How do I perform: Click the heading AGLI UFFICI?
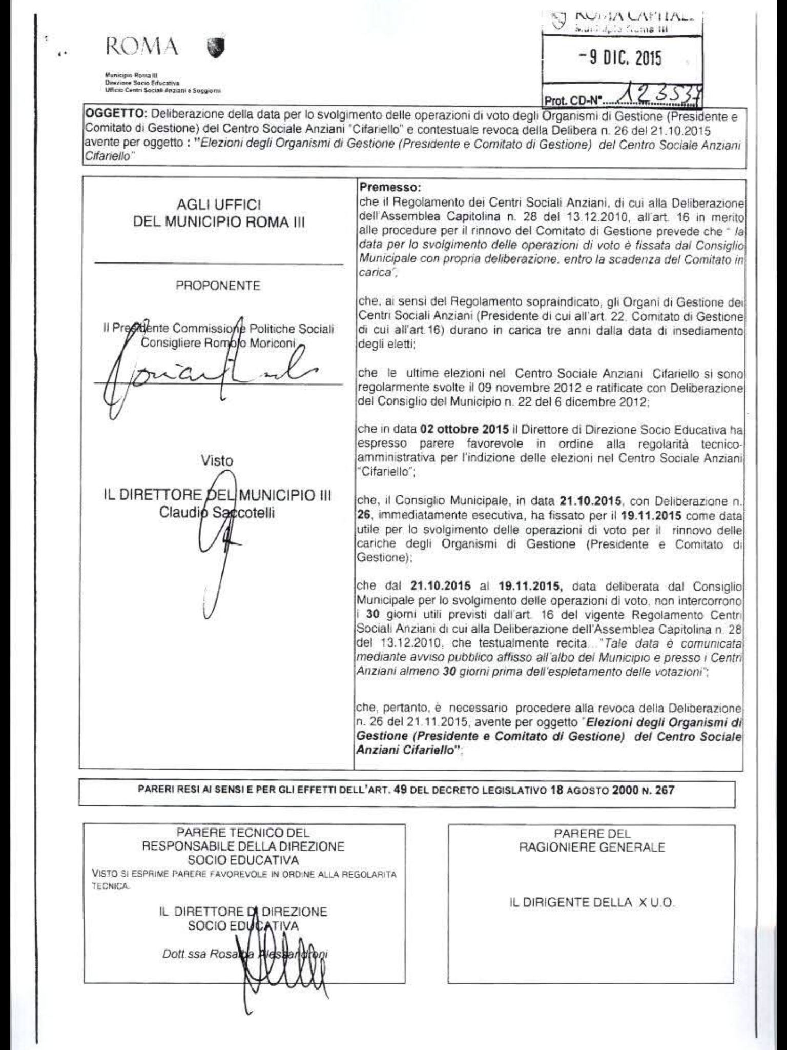coord(219,205)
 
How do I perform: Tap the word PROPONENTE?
coord(218,286)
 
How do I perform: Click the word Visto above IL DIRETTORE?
coord(217,460)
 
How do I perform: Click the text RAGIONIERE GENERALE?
coord(592,847)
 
